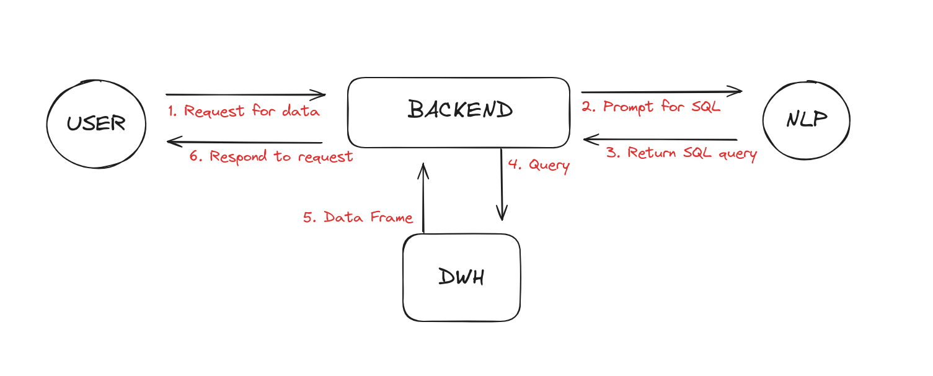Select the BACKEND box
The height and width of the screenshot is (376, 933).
point(459,112)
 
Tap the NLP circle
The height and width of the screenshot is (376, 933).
point(806,120)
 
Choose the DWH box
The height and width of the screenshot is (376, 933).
point(461,277)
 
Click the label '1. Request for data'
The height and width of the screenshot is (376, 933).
point(244,112)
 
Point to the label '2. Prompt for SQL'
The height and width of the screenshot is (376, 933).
point(651,106)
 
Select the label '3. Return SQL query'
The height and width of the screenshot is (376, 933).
point(681,153)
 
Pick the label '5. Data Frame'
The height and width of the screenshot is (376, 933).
point(358,217)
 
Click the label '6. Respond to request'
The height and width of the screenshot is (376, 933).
point(271,156)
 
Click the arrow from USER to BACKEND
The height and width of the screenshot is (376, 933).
point(245,95)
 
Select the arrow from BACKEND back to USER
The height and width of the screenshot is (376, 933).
point(245,142)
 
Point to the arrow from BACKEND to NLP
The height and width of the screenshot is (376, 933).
point(661,92)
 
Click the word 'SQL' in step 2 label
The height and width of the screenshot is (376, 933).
point(705,106)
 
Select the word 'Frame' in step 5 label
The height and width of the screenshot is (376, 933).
point(392,217)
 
